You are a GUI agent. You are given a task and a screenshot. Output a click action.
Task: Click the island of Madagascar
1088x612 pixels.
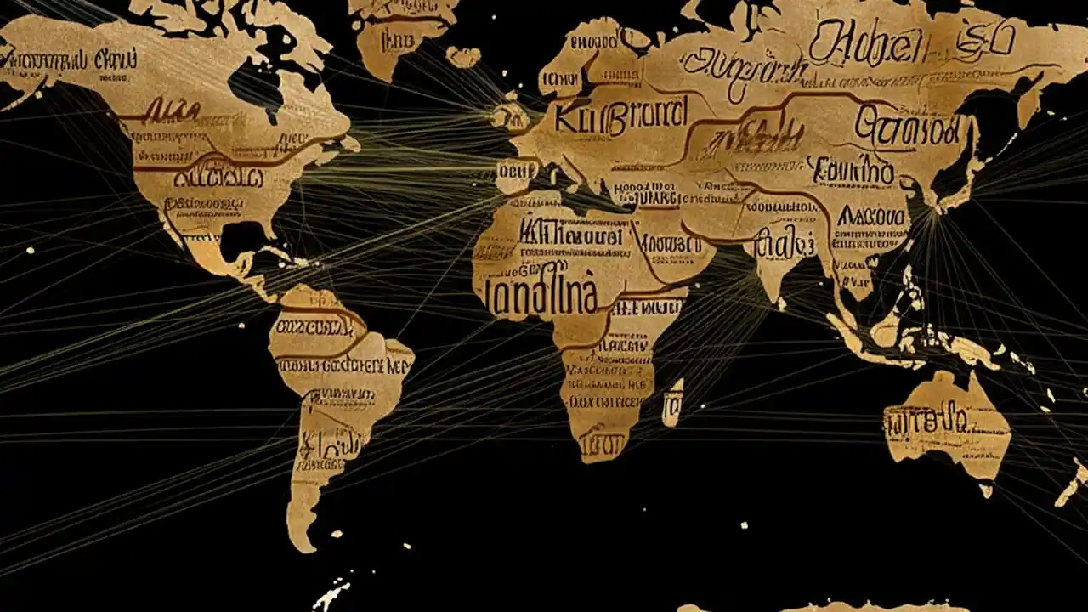coord(672,402)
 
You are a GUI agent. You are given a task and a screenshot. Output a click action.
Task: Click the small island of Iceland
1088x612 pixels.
coord(462,57)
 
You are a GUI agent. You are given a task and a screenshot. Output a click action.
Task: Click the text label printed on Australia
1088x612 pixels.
coord(926,418)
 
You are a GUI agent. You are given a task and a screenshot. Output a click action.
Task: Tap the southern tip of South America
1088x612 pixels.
coord(302,541)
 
